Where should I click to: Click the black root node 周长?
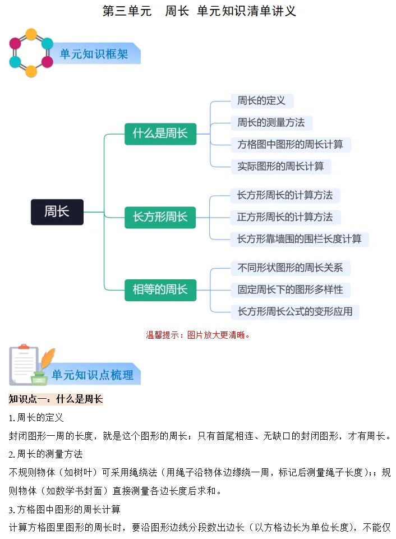(x=57, y=212)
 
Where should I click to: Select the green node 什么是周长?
(x=160, y=134)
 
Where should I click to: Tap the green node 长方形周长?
(x=160, y=217)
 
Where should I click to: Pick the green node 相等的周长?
(x=160, y=290)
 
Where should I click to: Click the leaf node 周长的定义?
(x=261, y=101)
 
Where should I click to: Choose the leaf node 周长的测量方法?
(x=271, y=123)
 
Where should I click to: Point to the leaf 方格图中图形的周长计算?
(x=290, y=144)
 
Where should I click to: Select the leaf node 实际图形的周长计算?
(x=280, y=166)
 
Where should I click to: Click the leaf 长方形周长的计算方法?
(x=285, y=195)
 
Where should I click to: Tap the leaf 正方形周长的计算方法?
(x=285, y=217)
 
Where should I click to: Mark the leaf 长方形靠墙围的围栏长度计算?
(x=300, y=239)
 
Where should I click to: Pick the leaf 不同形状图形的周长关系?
(x=290, y=268)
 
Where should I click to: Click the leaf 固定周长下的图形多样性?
(x=290, y=290)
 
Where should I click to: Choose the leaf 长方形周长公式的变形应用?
(x=295, y=311)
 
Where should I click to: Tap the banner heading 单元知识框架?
(x=94, y=54)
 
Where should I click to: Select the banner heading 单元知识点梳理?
(x=93, y=375)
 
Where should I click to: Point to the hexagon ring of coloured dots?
(x=31, y=53)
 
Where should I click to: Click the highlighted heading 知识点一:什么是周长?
(x=56, y=399)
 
